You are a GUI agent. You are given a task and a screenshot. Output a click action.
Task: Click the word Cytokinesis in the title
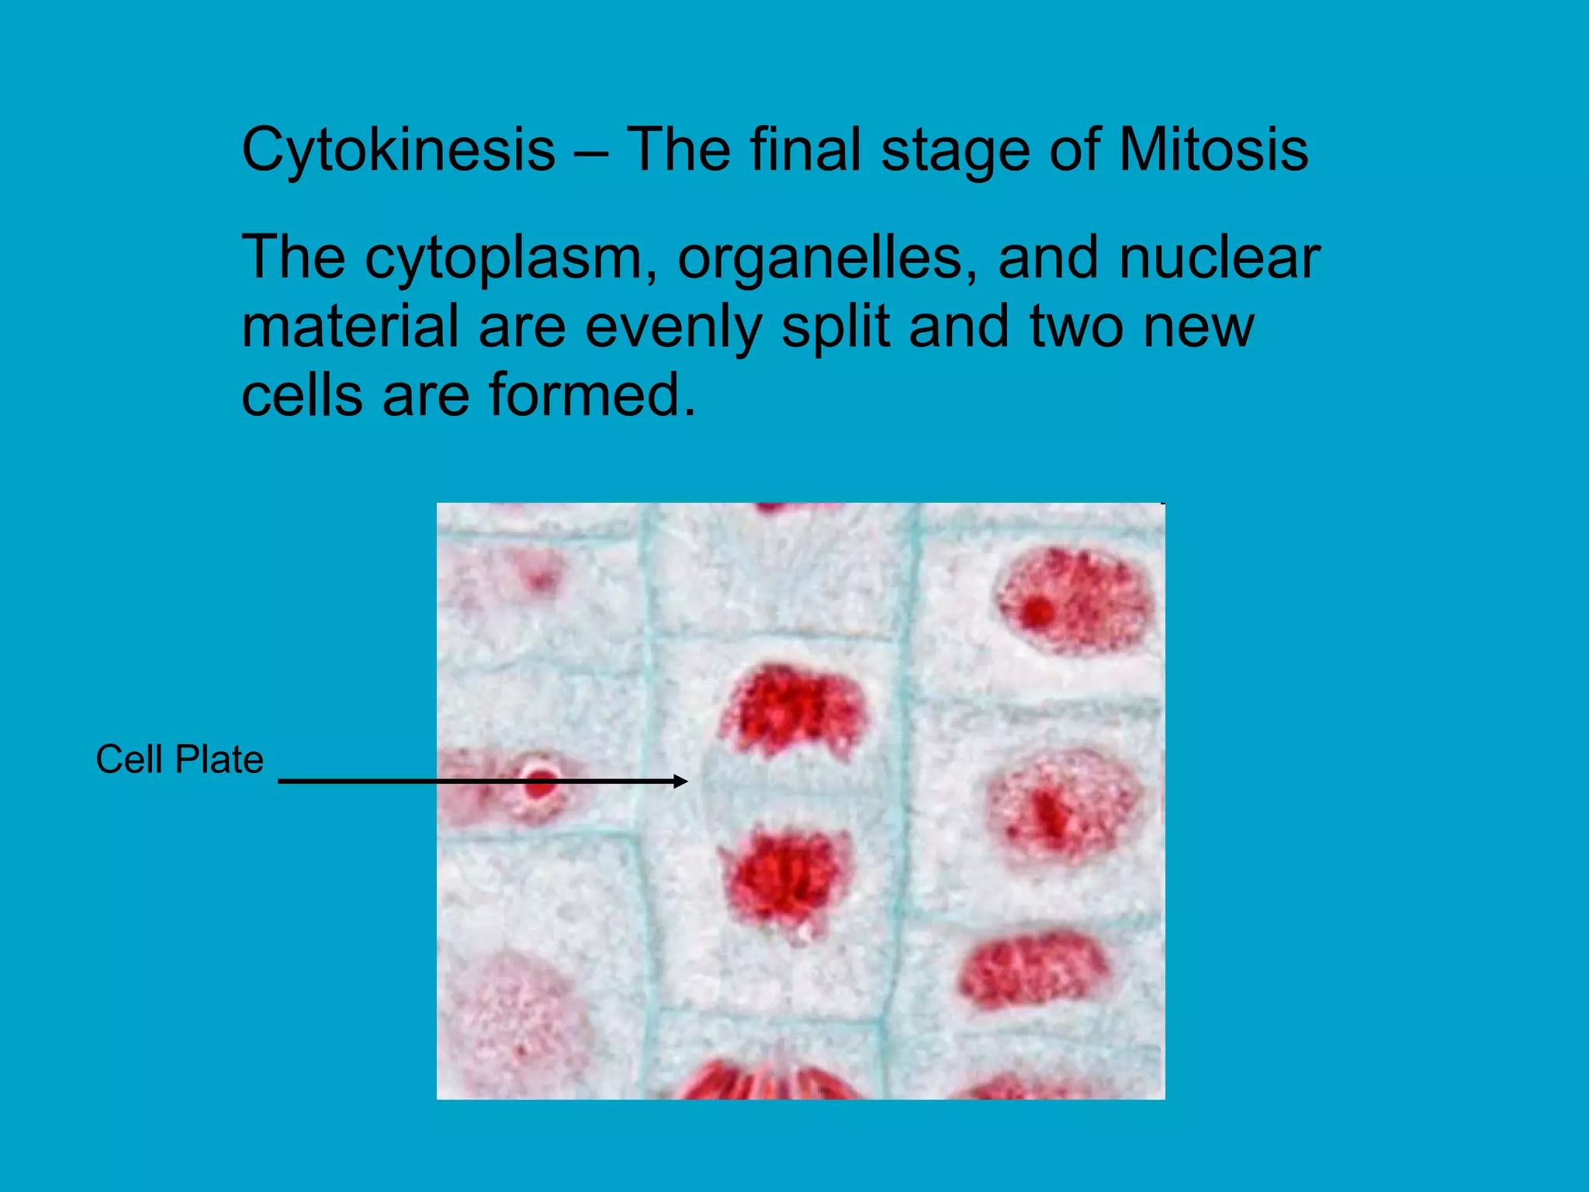point(398,151)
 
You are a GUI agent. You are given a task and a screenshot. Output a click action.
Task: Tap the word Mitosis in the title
point(1213,149)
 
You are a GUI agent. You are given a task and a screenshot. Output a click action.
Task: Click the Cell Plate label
point(179,759)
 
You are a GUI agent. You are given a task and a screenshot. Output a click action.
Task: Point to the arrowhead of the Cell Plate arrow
point(681,781)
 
